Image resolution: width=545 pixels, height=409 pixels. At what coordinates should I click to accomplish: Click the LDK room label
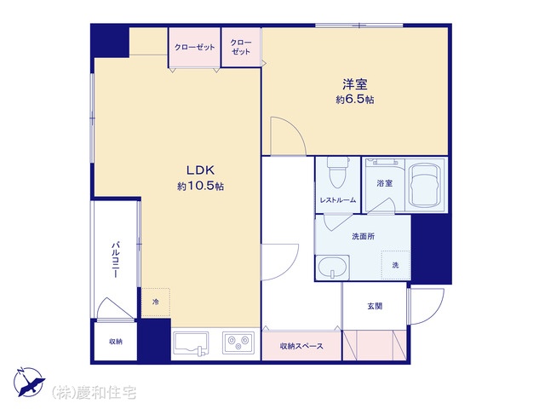pyautogui.click(x=201, y=170)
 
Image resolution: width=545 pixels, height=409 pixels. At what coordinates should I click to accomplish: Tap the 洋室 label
pyautogui.click(x=355, y=84)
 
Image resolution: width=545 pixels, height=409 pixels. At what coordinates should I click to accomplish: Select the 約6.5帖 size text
pyautogui.click(x=355, y=100)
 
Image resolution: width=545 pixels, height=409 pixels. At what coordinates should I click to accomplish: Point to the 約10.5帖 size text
pyautogui.click(x=201, y=186)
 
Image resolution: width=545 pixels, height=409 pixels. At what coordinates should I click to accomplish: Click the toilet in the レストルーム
pyautogui.click(x=337, y=173)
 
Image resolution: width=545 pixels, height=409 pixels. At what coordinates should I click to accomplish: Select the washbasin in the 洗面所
pyautogui.click(x=333, y=267)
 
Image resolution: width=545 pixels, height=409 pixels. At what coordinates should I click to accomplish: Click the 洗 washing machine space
pyautogui.click(x=395, y=265)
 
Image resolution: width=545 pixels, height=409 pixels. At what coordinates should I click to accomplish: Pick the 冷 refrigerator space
pyautogui.click(x=156, y=302)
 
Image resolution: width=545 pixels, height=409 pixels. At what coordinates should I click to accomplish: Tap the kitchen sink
pyautogui.click(x=191, y=344)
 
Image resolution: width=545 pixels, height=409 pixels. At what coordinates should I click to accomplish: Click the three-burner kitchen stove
pyautogui.click(x=238, y=343)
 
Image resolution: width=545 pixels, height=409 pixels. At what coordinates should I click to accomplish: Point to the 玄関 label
pyautogui.click(x=375, y=306)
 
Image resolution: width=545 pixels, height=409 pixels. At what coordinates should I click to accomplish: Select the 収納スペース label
pyautogui.click(x=301, y=346)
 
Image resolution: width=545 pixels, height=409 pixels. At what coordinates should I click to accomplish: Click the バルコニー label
pyautogui.click(x=116, y=259)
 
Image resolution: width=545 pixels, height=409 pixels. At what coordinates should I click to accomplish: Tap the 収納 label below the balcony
pyautogui.click(x=116, y=342)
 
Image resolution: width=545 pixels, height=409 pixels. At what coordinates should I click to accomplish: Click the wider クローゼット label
pyautogui.click(x=195, y=48)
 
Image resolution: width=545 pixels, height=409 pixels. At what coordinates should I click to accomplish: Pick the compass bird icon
pyautogui.click(x=30, y=382)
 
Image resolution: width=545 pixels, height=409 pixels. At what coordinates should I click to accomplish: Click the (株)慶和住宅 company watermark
pyautogui.click(x=94, y=393)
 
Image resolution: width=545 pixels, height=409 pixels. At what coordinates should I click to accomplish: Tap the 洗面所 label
pyautogui.click(x=364, y=237)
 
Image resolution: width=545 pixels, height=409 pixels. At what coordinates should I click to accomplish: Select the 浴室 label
pyautogui.click(x=384, y=183)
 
